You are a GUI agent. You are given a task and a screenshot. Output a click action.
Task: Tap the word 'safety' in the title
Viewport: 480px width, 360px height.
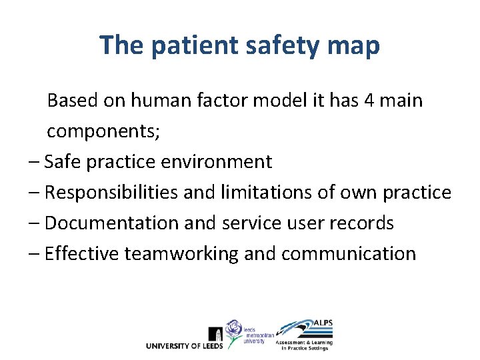pos(270,45)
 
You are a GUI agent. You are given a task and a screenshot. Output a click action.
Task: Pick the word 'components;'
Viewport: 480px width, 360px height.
pos(103,131)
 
